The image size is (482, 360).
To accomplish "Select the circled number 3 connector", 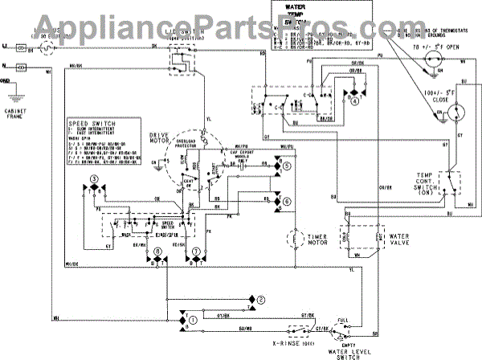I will [94, 178].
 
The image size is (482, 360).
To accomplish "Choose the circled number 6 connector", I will [288, 199].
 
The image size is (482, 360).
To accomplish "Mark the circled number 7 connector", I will [195, 252].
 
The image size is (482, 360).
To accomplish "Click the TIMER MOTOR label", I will [325, 239].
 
